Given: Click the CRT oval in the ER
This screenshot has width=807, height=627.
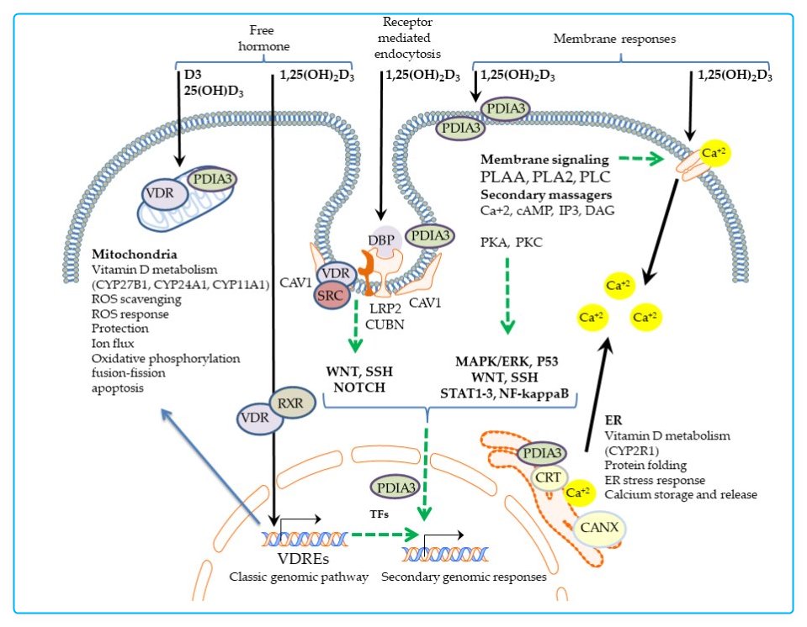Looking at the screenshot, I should point(545,477).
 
